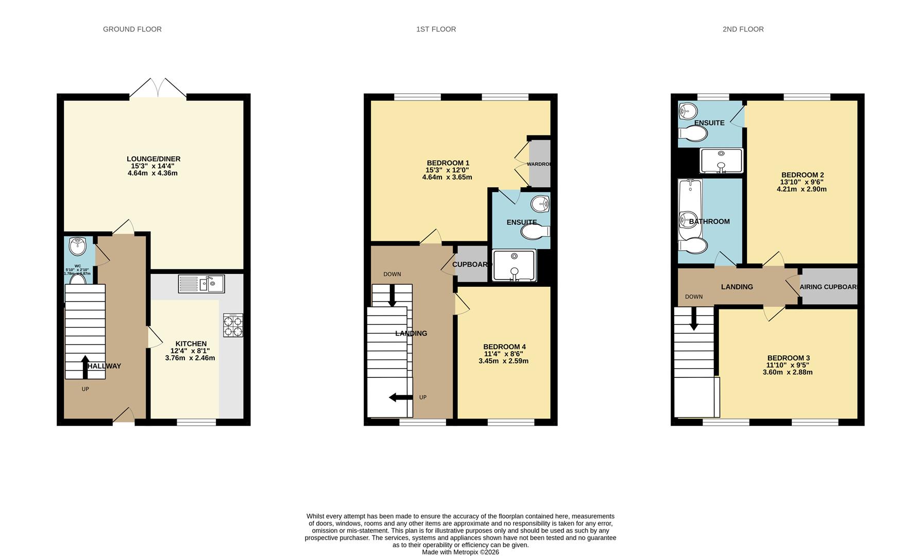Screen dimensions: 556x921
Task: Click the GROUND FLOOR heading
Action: (x=132, y=29)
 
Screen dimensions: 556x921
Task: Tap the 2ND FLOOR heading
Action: (x=743, y=29)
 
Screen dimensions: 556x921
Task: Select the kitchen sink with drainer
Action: (x=201, y=284)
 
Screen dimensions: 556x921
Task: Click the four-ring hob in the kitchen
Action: (x=233, y=325)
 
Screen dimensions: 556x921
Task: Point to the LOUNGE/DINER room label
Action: (x=153, y=159)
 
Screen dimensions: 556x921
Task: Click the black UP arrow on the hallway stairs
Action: (x=85, y=367)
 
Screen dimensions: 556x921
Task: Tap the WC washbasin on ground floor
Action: (x=78, y=246)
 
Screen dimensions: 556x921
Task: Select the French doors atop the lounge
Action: (x=158, y=89)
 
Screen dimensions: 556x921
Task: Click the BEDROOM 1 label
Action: (x=448, y=163)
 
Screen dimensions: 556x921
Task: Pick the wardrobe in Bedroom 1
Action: (x=540, y=164)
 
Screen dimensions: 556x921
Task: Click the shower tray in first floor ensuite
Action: (x=514, y=265)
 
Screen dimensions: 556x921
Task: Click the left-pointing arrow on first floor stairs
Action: (x=400, y=397)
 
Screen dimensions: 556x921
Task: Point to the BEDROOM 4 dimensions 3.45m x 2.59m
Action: (x=503, y=361)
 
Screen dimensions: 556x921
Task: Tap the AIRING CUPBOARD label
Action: (x=828, y=287)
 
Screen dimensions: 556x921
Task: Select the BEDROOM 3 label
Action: (x=788, y=358)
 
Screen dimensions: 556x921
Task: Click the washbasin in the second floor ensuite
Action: (x=688, y=110)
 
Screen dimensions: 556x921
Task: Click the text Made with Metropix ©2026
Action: (x=460, y=552)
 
